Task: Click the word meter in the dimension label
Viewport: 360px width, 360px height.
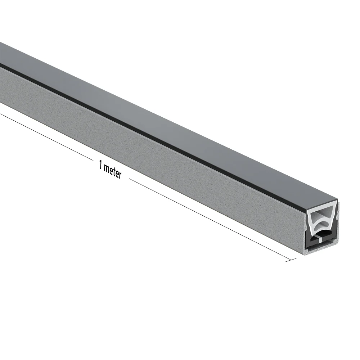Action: pos(112,171)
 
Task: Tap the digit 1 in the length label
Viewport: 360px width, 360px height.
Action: pos(100,165)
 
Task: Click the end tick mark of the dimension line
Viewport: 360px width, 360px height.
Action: pos(291,260)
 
